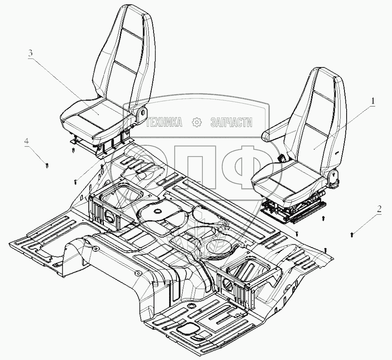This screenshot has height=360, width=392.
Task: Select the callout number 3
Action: coord(30,53)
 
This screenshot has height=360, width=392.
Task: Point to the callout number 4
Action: coord(26,142)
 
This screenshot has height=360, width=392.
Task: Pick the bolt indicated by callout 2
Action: coord(352,232)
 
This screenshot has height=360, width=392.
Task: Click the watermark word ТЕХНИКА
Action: coord(164,123)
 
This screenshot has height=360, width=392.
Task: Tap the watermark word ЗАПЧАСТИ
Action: coord(231,123)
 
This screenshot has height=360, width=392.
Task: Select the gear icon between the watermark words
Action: coord(196,123)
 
